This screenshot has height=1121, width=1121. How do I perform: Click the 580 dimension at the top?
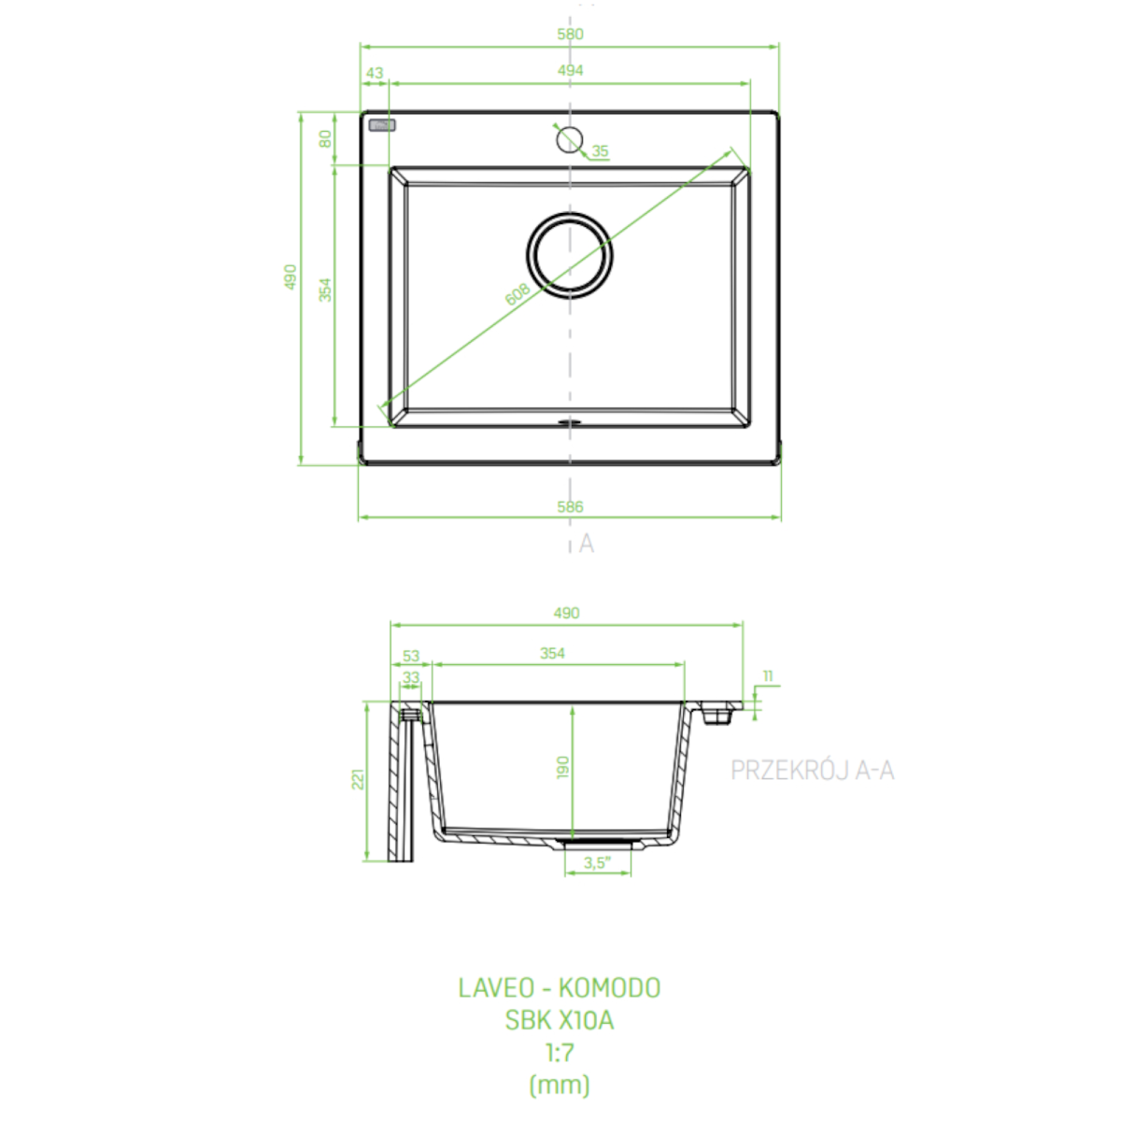pos(570,34)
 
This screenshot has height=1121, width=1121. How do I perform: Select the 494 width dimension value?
pos(570,70)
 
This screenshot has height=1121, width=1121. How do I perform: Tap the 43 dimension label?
pos(375,73)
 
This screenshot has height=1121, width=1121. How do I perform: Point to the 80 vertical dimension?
pos(325,138)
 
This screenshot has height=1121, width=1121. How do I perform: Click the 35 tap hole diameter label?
pos(600,151)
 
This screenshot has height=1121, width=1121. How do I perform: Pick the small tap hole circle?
pos(570,127)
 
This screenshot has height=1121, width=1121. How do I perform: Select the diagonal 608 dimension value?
pos(518,294)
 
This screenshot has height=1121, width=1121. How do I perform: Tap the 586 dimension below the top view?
pos(570,506)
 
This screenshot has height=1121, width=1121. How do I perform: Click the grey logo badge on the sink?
pos(382,125)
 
